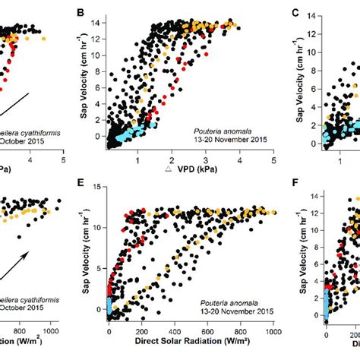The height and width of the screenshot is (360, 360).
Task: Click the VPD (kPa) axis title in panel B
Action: (x=185, y=170)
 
